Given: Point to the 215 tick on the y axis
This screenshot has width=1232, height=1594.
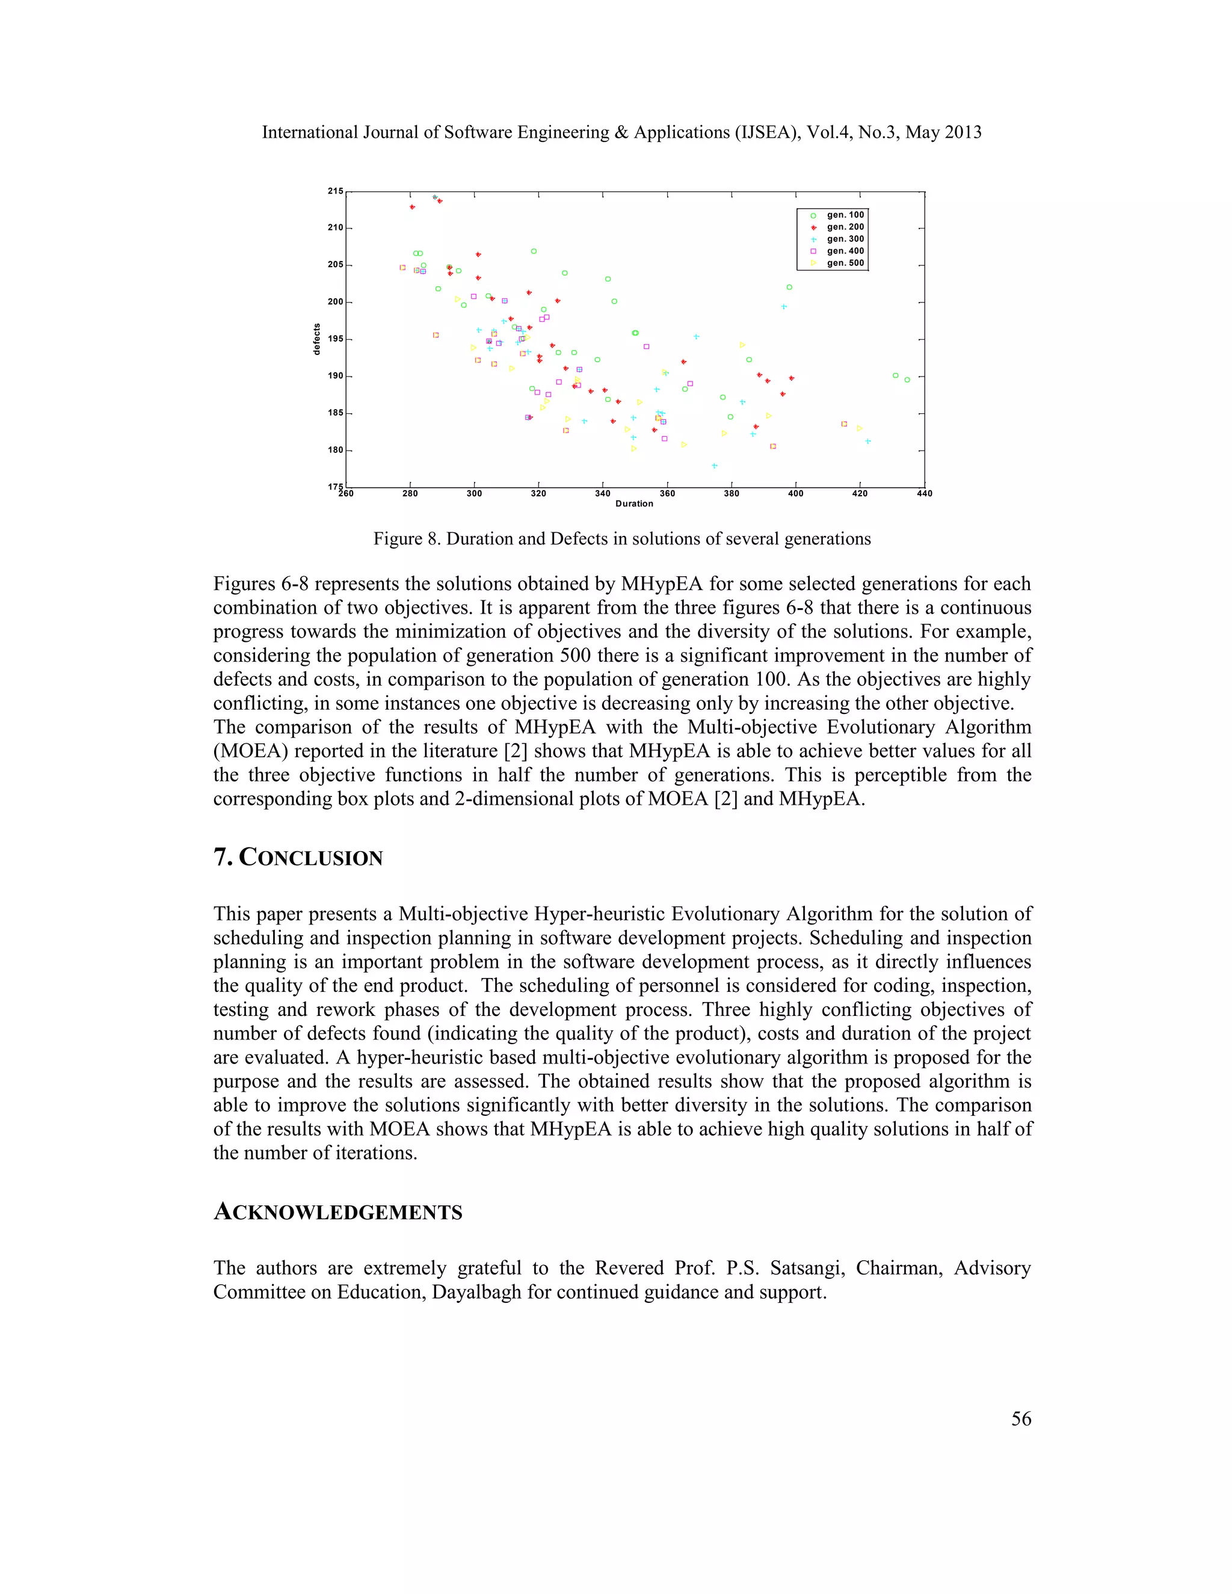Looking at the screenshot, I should [x=335, y=191].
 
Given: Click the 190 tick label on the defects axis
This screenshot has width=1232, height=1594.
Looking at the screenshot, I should [x=335, y=376].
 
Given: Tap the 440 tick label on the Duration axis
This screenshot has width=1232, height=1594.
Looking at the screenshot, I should [x=924, y=493].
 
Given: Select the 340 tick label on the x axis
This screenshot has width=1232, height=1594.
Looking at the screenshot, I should [x=603, y=493].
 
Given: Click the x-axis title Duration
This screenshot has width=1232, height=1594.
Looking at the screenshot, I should [x=633, y=503].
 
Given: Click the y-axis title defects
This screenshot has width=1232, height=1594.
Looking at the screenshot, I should [x=317, y=339].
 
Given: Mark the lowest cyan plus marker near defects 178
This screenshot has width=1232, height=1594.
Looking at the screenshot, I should [x=715, y=466].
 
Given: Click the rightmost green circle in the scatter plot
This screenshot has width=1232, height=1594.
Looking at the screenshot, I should [x=907, y=380].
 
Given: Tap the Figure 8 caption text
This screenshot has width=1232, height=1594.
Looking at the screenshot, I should [x=622, y=538].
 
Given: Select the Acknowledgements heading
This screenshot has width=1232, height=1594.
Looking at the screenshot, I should [x=338, y=1211].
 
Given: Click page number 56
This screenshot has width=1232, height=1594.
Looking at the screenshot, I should [x=1020, y=1418].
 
